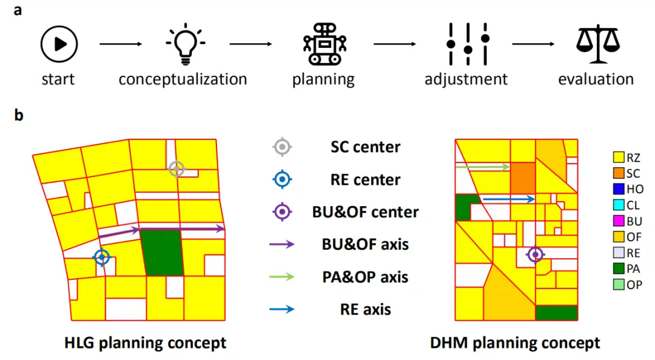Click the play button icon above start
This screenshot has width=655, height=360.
point(59,44)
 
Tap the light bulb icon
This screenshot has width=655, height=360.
point(185,44)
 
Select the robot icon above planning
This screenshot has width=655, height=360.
point(324,44)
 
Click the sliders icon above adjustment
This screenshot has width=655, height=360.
point(468,44)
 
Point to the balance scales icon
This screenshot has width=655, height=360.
point(598,44)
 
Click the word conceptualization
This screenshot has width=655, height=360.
point(183,79)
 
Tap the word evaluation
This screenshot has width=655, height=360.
point(596,79)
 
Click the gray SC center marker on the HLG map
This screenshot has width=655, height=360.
point(176,169)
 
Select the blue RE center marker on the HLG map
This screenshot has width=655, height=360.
point(102,257)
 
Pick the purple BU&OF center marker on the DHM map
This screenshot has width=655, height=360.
point(535,255)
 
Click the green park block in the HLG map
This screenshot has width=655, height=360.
point(162,252)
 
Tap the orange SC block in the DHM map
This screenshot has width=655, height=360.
point(523,178)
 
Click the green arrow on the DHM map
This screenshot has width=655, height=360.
point(483,167)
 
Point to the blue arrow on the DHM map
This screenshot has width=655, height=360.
point(508,199)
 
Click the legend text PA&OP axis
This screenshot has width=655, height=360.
point(365,277)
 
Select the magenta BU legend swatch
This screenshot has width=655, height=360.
point(619,221)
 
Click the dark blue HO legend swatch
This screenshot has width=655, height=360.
point(619,189)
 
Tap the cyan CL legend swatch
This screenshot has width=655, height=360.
point(619,205)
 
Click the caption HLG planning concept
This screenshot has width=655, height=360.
point(145,343)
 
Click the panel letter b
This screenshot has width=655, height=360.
point(18,115)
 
